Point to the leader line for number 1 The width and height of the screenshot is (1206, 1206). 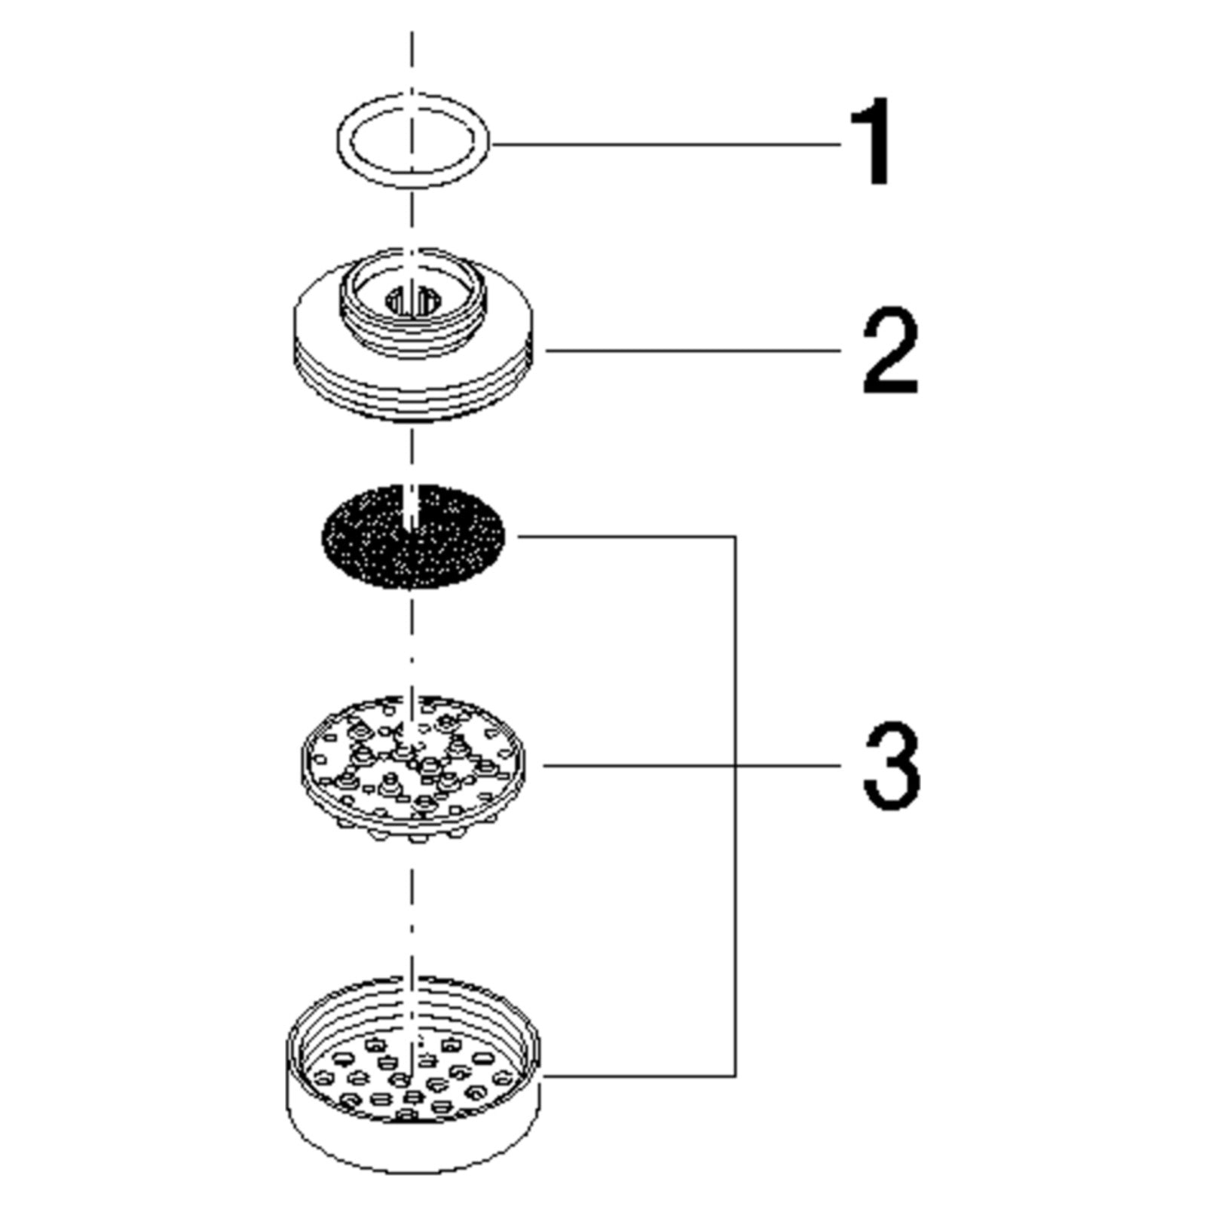click(666, 142)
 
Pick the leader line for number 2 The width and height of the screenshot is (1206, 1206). click(693, 350)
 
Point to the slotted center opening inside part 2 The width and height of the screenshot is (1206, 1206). click(413, 301)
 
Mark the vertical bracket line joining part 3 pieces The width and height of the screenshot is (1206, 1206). click(735, 806)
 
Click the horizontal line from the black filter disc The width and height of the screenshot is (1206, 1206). click(626, 537)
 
